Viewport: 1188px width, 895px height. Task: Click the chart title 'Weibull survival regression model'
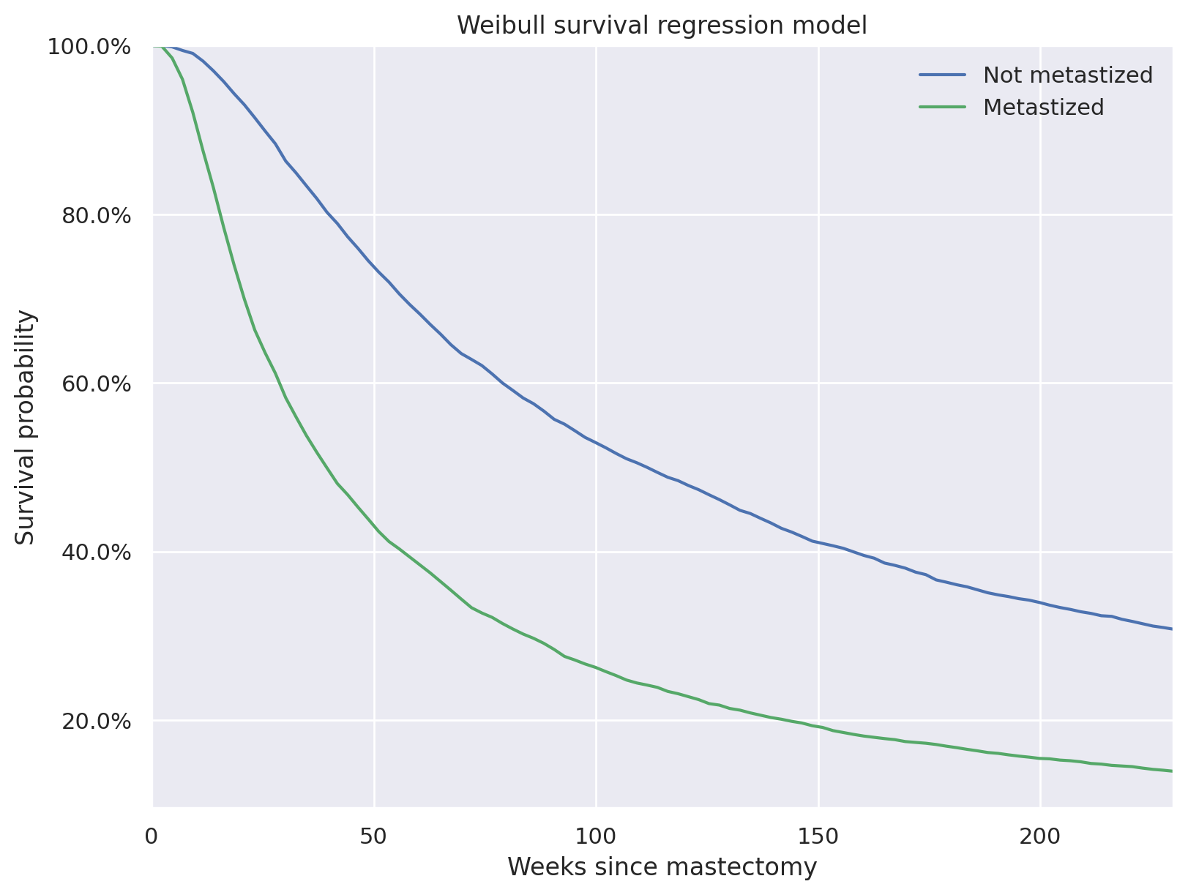[662, 26]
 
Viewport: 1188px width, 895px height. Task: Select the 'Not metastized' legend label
[1068, 75]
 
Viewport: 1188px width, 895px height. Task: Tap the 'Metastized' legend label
[1043, 107]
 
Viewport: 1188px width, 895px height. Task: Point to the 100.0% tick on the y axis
[89, 47]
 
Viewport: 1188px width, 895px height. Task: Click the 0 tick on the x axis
[153, 835]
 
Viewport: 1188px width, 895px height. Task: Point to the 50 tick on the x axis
[374, 835]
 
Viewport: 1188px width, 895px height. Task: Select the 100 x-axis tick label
[596, 835]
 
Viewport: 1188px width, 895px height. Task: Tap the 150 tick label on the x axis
[818, 835]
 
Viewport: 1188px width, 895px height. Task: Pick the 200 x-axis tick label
[1040, 835]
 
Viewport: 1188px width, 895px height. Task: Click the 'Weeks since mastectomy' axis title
[662, 867]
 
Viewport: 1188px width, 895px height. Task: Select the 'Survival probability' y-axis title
[26, 427]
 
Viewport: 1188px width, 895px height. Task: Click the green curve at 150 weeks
[818, 727]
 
